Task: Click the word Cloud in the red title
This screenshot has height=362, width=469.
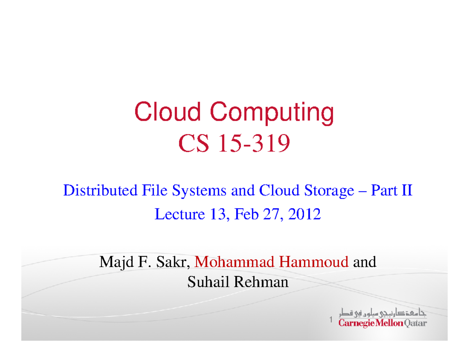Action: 168,111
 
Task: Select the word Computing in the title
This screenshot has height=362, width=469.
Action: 272,113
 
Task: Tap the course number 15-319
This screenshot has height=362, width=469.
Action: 254,143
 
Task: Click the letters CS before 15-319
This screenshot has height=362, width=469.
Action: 193,143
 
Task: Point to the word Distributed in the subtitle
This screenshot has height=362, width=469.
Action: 100,190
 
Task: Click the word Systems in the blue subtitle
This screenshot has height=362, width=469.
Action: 199,191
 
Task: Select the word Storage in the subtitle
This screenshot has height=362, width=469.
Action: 329,191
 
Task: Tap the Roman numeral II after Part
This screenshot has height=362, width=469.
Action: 407,190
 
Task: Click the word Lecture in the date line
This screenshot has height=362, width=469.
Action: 180,214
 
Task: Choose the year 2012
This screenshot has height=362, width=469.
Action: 304,214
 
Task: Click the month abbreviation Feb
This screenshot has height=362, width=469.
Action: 247,214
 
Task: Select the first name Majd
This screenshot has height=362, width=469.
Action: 116,262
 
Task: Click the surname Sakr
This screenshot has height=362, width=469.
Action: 173,262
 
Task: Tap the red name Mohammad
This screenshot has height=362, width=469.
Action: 234,262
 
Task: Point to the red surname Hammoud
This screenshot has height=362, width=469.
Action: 313,262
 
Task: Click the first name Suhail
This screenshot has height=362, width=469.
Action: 208,282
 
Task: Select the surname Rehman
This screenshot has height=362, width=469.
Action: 261,282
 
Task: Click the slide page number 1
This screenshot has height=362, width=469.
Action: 331,319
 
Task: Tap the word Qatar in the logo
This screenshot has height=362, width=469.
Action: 415,323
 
